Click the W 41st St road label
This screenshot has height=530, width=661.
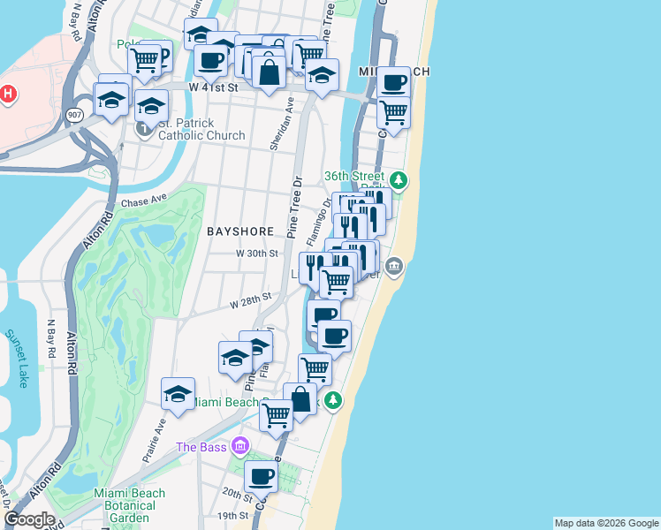point(214,87)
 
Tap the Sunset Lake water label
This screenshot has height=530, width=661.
point(17,358)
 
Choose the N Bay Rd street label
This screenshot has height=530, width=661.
point(50,338)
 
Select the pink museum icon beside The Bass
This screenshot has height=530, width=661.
point(237,445)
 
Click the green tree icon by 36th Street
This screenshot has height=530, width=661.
point(399,180)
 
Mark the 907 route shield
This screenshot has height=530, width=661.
point(73,114)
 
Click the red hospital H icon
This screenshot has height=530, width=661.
point(8,94)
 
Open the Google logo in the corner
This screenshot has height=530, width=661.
point(29,519)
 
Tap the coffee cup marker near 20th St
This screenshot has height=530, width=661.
point(261,478)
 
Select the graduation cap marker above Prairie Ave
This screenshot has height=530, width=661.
point(178,394)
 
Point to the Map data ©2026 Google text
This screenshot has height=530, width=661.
point(606,523)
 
